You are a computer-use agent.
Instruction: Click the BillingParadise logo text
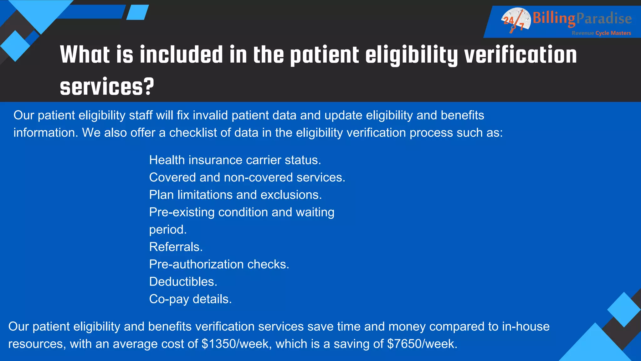point(582,18)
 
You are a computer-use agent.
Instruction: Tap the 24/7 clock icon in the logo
point(515,20)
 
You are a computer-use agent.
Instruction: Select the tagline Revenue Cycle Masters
point(601,33)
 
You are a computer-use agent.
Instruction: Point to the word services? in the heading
point(107,87)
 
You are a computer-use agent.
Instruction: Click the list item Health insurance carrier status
point(235,160)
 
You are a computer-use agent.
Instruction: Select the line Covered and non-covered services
point(247,177)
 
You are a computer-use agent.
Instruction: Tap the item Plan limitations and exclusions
point(235,195)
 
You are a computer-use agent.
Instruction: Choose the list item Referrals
point(176,247)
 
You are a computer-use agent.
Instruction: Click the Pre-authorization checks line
point(219,264)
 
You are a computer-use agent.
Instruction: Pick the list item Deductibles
point(183,282)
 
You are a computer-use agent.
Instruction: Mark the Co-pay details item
point(190,299)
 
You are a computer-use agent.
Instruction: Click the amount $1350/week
point(237,344)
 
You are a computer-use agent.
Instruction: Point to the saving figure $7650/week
point(422,344)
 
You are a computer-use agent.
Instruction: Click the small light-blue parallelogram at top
point(137,12)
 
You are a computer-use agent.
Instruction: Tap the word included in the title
point(181,55)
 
